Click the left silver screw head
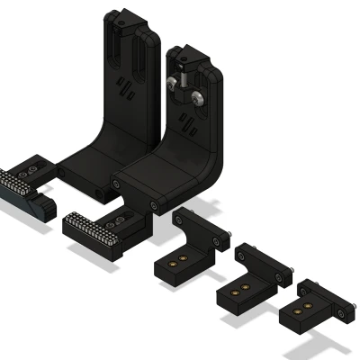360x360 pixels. (x=170, y=84)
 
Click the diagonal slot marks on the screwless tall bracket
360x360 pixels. (x=127, y=89)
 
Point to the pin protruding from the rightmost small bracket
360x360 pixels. (x=344, y=314)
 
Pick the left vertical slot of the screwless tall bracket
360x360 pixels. (x=114, y=49)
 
